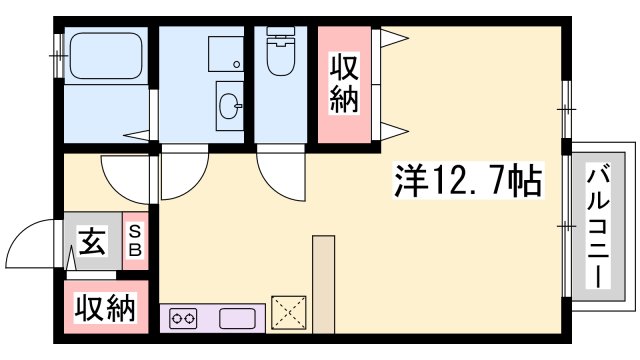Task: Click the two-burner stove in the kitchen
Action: pyautogui.click(x=186, y=319)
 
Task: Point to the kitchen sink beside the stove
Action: pyautogui.click(x=241, y=319)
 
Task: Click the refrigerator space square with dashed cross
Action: pyautogui.click(x=289, y=312)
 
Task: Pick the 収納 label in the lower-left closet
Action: pyautogui.click(x=104, y=308)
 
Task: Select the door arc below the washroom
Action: pyautogui.click(x=180, y=178)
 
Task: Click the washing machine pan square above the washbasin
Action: pyautogui.click(x=225, y=51)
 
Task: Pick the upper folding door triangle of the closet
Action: pyautogui.click(x=393, y=38)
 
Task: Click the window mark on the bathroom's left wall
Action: pyautogui.click(x=58, y=49)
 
